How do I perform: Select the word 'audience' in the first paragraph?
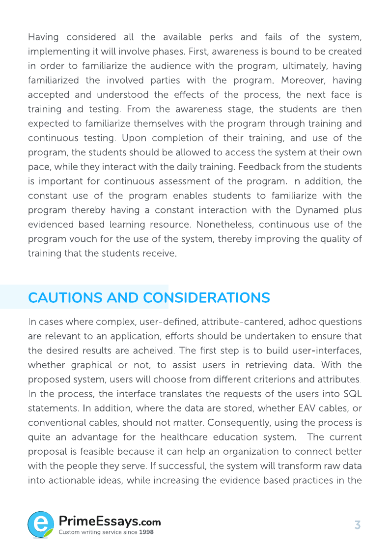point(172,66)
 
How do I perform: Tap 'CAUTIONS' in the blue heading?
point(65,298)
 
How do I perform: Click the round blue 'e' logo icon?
point(41,524)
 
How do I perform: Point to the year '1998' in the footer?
point(146,532)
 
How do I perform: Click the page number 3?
point(358,525)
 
